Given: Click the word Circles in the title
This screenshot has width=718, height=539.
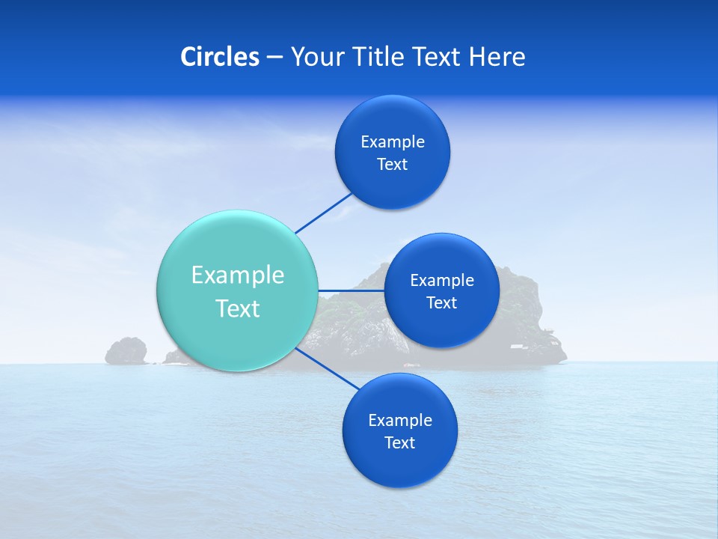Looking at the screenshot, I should coord(219,57).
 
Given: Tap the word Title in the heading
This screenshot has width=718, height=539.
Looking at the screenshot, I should coord(374,57).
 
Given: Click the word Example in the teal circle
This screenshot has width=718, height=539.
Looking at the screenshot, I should coord(238,275).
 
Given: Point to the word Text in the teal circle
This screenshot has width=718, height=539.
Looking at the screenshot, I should coord(238,308).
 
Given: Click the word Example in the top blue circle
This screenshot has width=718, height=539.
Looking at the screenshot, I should coord(393,142).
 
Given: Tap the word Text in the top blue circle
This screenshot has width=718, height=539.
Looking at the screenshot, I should coord(393,165).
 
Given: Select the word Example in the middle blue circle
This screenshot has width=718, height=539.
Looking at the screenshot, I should coord(442,281).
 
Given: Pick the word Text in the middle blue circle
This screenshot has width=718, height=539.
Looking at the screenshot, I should coord(442,303).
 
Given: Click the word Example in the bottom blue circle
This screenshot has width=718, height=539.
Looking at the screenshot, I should coord(399,421).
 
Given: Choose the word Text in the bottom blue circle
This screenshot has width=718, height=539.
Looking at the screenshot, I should coord(399,443).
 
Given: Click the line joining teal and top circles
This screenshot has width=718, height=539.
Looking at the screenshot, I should coord(324,213).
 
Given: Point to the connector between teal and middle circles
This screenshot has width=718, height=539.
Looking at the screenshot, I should coord(352,290).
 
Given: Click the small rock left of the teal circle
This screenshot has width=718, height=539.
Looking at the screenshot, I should coord(126,350).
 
